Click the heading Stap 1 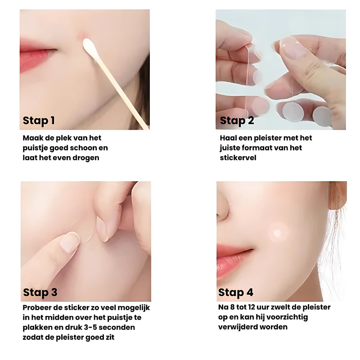[39, 120]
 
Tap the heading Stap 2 [237, 120]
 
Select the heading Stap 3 [40, 292]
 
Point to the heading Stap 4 [236, 292]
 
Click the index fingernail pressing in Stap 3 [70, 242]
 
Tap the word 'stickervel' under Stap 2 [238, 158]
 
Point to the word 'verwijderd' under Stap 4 [239, 327]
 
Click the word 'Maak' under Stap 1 [32, 138]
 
